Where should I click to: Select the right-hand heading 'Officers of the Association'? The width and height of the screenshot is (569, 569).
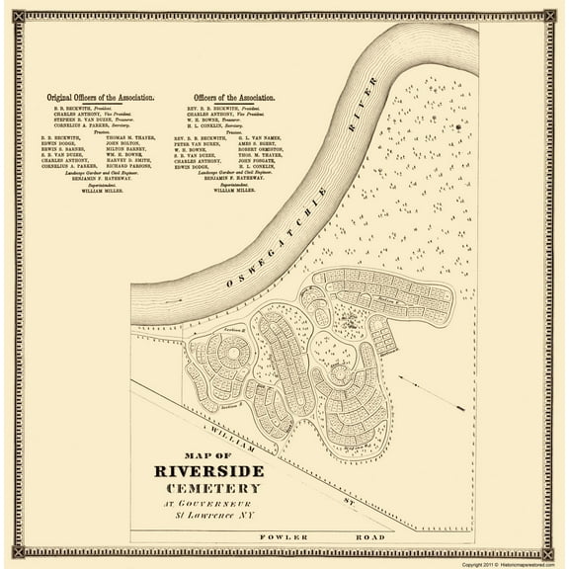(x=230, y=99)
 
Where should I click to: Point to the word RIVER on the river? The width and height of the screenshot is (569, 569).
(x=370, y=94)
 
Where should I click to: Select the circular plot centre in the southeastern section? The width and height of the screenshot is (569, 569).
(x=339, y=373)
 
